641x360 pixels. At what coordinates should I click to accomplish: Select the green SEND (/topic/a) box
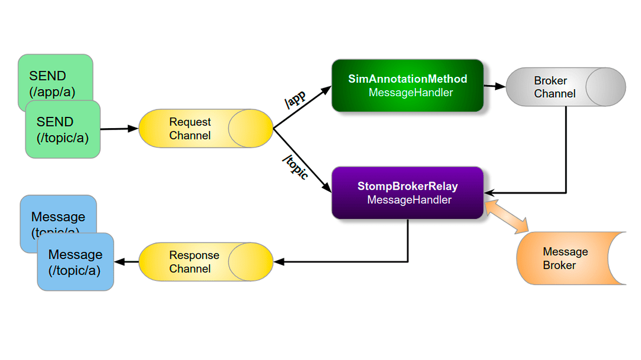63,130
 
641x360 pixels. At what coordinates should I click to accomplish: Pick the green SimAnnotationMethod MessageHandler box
407,85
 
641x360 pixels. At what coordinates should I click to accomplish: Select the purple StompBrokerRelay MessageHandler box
407,193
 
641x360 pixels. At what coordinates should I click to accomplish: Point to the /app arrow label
296,100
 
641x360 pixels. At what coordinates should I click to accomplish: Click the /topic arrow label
296,166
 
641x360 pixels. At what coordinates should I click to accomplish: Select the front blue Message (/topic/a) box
75,262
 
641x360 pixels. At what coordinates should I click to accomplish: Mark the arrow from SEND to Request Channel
119,129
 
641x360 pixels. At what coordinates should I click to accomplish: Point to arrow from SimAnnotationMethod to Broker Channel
495,85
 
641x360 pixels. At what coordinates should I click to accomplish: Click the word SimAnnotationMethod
407,79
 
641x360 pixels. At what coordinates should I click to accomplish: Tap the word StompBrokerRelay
407,187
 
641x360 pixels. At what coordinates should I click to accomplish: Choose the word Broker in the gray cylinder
550,81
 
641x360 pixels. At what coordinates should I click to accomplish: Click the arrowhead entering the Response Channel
278,262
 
